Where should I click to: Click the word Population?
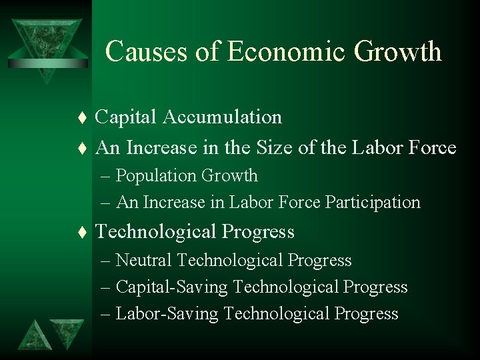(x=158, y=176)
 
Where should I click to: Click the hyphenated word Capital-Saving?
(x=172, y=287)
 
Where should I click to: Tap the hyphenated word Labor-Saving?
(x=167, y=314)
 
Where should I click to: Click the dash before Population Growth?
(x=108, y=177)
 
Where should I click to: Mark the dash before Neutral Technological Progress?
(x=108, y=261)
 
